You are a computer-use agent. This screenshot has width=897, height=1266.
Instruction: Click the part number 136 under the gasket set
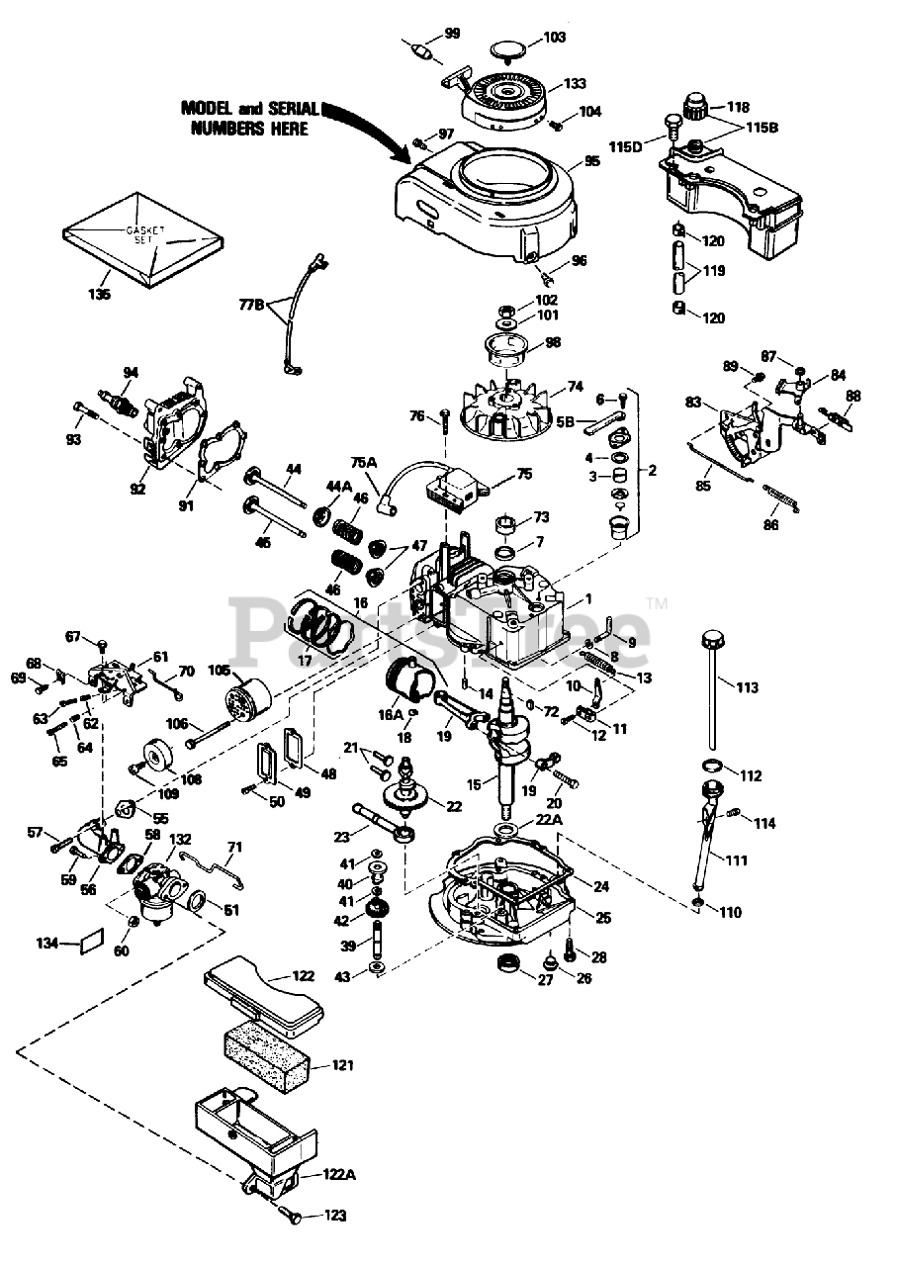(100, 295)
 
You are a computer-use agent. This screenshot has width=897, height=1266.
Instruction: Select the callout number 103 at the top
(554, 38)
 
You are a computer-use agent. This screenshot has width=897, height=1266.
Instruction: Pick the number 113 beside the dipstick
(747, 687)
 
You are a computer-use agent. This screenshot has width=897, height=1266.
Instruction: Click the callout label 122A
(338, 1174)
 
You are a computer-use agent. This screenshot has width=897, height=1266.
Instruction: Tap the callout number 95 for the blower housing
(591, 161)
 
